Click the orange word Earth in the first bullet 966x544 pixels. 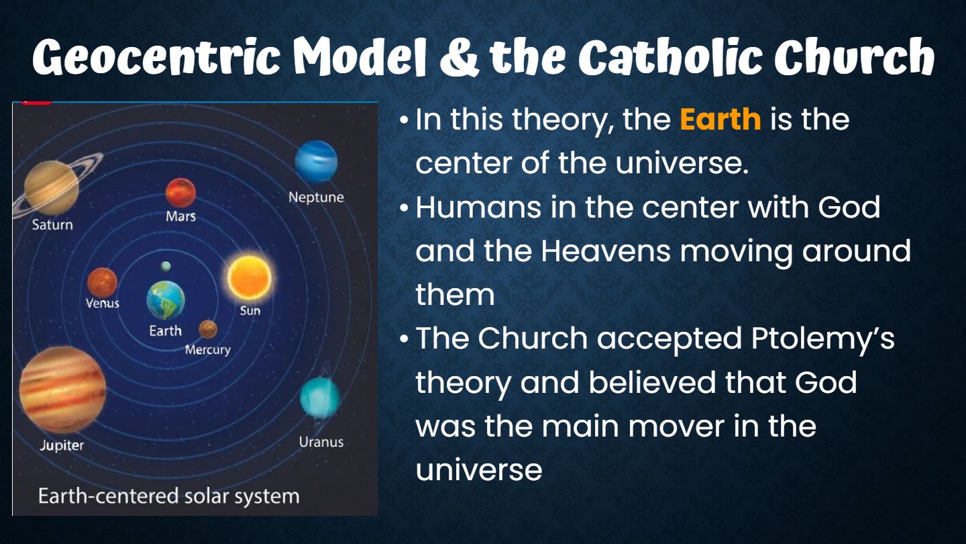click(720, 119)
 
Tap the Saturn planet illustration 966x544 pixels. click(52, 187)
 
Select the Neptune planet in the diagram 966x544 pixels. click(316, 161)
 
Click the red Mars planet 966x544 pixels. click(180, 193)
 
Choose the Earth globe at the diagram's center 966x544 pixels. click(166, 300)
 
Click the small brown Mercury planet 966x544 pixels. click(208, 329)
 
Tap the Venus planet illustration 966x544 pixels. click(102, 283)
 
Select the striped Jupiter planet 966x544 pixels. click(62, 390)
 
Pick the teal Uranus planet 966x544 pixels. click(320, 397)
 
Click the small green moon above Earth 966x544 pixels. click(166, 266)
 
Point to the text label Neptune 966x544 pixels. click(316, 197)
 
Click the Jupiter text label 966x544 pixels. click(62, 445)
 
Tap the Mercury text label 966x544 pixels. click(208, 350)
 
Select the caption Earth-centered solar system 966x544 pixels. click(168, 496)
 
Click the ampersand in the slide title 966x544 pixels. click(460, 58)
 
